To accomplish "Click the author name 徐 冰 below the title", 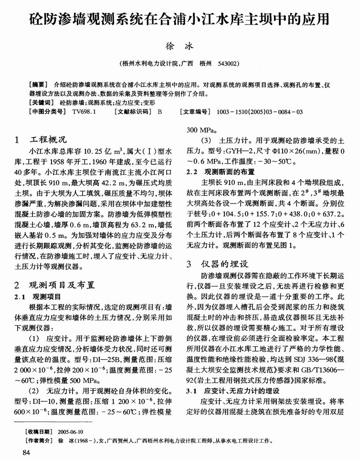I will [180, 46].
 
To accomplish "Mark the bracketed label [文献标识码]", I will [132, 111].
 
